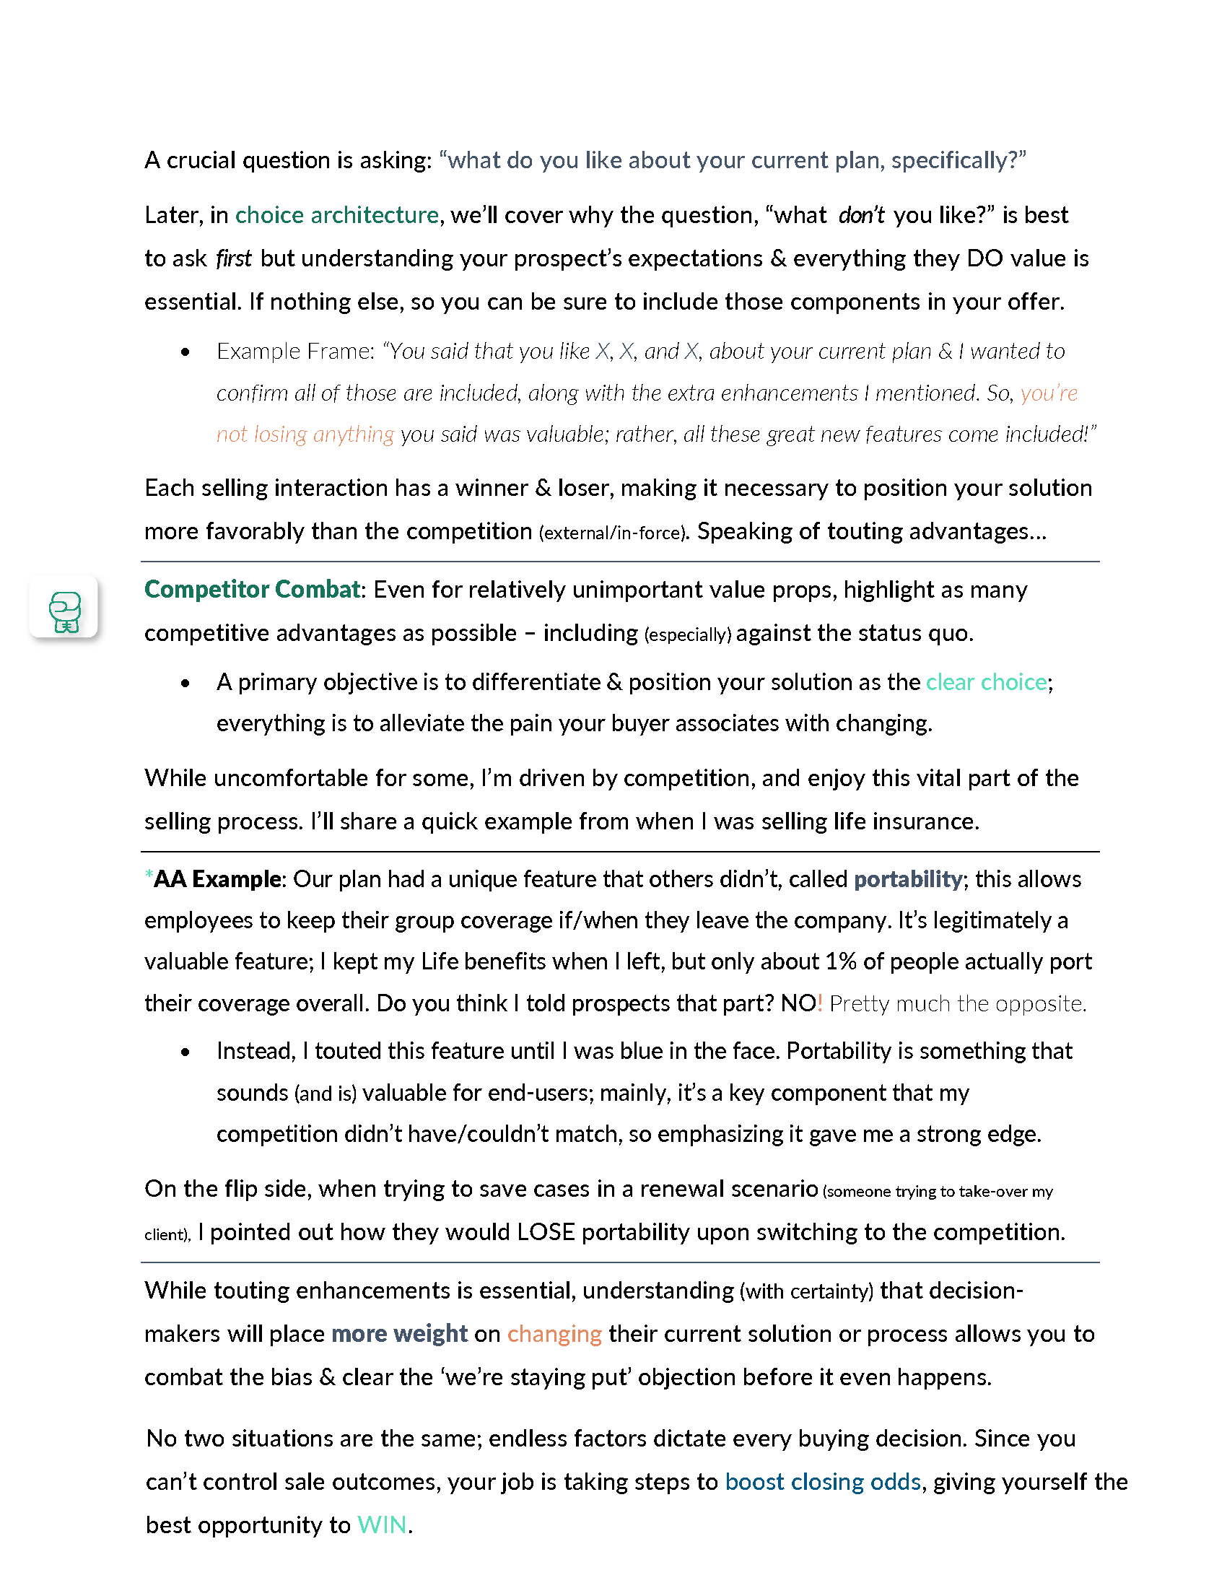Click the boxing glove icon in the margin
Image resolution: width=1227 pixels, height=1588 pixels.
tap(64, 607)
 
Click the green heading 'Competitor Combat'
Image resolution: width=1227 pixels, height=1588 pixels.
tap(251, 589)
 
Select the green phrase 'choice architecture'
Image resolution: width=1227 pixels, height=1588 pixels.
tap(336, 215)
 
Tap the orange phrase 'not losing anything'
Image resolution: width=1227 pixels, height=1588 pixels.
tap(305, 434)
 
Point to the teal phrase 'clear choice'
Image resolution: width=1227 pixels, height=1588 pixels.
tap(986, 682)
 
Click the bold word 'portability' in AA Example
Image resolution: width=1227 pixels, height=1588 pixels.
tap(907, 879)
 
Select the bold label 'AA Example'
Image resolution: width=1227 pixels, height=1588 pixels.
tap(217, 879)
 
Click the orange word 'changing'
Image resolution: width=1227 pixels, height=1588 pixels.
tap(554, 1334)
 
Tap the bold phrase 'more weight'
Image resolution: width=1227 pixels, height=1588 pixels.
tap(399, 1334)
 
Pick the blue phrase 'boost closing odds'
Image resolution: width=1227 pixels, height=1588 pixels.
tap(822, 1482)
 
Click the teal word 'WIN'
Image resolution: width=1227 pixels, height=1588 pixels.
tap(382, 1524)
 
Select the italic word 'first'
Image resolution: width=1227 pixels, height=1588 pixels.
tap(233, 258)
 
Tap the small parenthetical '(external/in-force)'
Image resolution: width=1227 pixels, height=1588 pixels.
tap(613, 533)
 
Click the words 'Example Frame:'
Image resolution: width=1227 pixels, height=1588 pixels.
tap(295, 352)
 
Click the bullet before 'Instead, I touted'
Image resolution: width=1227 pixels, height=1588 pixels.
tap(185, 1052)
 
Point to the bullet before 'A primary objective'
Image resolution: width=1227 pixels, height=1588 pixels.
tap(185, 684)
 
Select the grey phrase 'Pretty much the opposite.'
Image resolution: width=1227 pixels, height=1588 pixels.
tap(957, 1003)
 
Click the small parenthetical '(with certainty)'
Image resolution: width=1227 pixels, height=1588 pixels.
tap(806, 1291)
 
